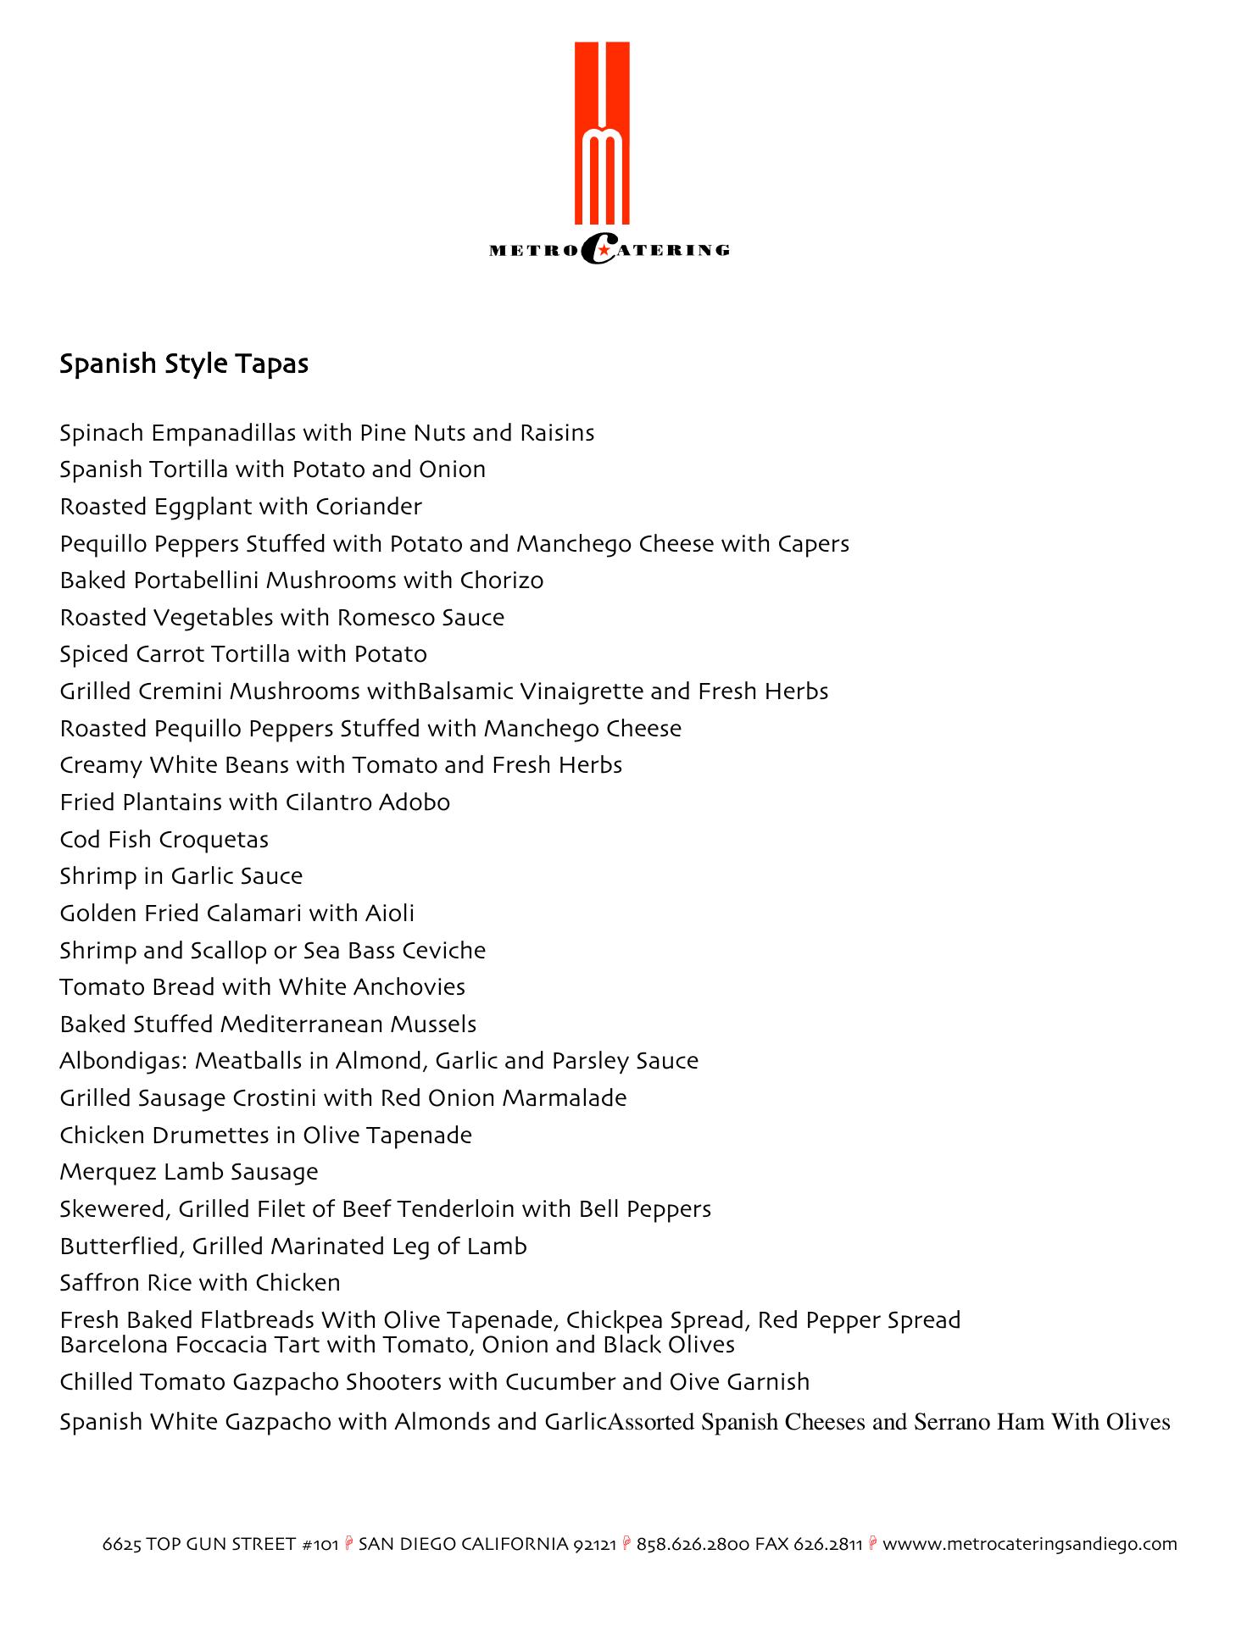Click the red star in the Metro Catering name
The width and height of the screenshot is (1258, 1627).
coord(602,249)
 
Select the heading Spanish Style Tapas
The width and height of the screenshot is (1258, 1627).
coord(184,364)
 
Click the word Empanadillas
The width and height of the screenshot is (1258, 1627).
coord(223,433)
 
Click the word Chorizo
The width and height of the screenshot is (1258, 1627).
coord(501,580)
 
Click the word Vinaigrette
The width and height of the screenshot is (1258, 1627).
coord(570,691)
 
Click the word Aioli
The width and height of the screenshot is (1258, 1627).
coord(389,913)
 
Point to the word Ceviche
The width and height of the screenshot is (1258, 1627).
coord(443,951)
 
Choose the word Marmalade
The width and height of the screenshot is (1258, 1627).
coord(565,1098)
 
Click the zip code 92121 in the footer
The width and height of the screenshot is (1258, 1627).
coord(594,1544)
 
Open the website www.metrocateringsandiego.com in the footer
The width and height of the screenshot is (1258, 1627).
coord(1030,1544)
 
